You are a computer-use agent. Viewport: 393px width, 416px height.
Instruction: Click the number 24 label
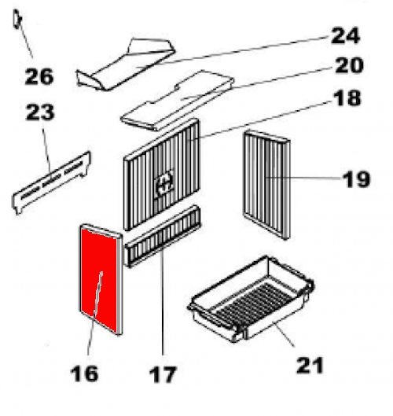click(x=346, y=35)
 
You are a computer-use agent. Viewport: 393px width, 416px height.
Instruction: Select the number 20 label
click(x=349, y=65)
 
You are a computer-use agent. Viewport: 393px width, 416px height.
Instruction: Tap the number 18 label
click(x=347, y=98)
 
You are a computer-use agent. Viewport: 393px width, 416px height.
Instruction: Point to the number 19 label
click(x=356, y=179)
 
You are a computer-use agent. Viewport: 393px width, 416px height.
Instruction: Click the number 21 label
click(x=310, y=366)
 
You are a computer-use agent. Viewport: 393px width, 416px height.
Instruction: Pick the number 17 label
click(x=163, y=374)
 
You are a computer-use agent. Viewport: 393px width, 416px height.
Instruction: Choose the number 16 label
click(x=84, y=374)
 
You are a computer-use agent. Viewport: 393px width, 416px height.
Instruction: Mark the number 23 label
click(x=40, y=112)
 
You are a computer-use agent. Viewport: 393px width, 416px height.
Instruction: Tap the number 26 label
click(x=39, y=76)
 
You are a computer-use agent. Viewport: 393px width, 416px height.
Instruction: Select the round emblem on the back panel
click(x=164, y=182)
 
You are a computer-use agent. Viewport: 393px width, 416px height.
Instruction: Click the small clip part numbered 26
click(x=17, y=19)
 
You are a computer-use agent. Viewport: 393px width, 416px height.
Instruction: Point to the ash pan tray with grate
click(x=251, y=299)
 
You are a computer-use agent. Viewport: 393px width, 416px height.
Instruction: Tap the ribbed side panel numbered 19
click(x=266, y=184)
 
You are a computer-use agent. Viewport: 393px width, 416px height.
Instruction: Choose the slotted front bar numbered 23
click(x=51, y=182)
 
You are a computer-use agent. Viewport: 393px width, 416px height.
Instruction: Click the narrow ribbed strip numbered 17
click(x=162, y=236)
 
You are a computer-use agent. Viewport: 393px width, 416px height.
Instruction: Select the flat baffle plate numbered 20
click(x=177, y=101)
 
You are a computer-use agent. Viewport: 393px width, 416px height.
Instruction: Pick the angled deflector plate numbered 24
click(x=126, y=64)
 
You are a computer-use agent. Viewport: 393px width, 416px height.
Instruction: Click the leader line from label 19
click(x=303, y=178)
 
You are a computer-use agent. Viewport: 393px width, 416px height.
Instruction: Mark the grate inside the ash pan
click(x=253, y=303)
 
